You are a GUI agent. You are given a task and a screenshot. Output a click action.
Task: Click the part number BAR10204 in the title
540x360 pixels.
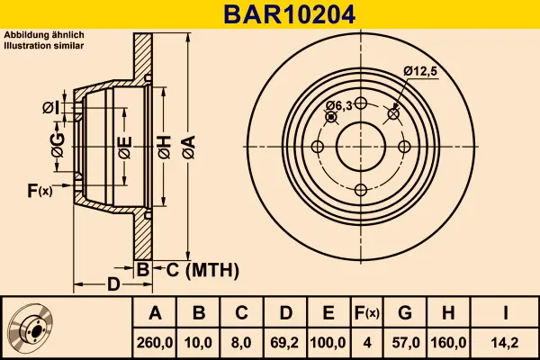pos(289,14)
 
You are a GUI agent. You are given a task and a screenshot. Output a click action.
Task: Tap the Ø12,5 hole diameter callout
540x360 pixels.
pos(420,71)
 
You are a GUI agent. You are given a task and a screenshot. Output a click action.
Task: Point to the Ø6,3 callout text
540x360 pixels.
pos(339,106)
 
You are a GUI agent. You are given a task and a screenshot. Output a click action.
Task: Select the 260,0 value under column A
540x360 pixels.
pos(155,343)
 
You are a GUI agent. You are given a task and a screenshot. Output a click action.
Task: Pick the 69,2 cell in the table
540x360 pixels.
pos(284,343)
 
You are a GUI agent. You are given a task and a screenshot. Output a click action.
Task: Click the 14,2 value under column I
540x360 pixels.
pos(505,343)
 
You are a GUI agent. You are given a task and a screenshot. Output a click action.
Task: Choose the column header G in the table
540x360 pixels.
pos(405,313)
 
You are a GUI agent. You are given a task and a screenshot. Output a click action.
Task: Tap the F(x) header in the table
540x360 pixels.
pos(367,313)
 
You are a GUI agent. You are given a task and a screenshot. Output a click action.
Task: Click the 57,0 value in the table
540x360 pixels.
pos(406,343)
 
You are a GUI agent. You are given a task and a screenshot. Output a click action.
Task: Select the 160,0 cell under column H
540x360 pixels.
pos(448,343)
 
